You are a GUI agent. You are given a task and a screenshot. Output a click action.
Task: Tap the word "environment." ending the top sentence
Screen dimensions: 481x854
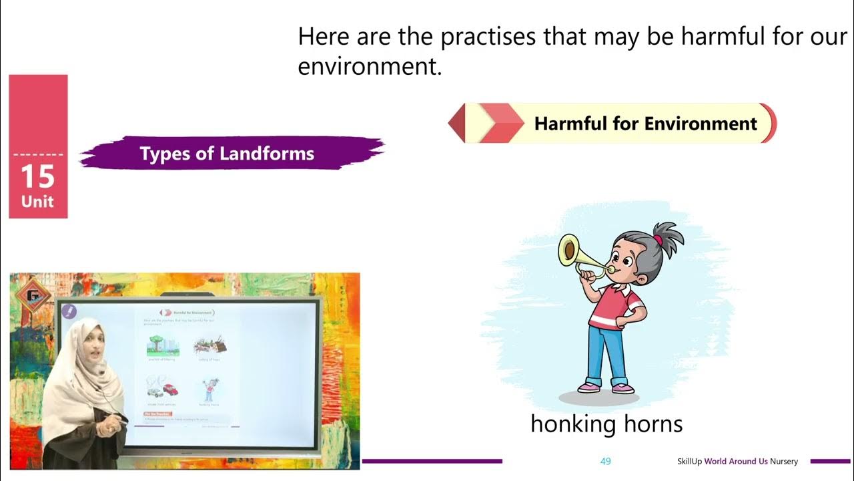[370, 67]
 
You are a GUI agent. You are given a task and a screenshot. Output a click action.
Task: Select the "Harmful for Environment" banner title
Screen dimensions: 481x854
[645, 124]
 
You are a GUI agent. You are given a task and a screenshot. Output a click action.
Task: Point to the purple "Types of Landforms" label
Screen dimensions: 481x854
[227, 154]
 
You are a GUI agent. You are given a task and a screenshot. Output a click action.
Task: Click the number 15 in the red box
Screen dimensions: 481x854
[37, 177]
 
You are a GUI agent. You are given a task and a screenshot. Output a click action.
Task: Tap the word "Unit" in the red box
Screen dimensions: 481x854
[37, 202]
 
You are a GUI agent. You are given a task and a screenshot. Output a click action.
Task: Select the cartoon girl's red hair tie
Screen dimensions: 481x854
[658, 239]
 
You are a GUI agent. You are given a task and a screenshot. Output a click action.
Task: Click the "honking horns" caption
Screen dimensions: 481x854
[606, 424]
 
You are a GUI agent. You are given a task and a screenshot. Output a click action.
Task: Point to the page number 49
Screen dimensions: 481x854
[606, 462]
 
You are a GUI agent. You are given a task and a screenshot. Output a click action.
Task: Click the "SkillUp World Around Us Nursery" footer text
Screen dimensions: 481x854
[737, 462]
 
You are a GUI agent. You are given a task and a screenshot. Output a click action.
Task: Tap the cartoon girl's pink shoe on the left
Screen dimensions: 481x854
[588, 387]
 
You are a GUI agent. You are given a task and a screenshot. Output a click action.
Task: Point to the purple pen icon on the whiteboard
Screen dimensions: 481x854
[69, 311]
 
